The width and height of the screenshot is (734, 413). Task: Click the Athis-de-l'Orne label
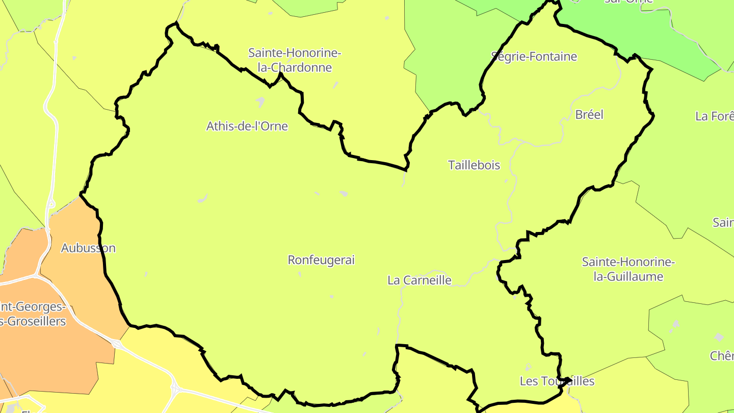coord(247,126)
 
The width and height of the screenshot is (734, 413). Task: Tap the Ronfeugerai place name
coord(321,260)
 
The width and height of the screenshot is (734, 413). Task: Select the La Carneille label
coord(419,280)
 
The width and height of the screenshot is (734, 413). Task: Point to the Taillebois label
coord(474,165)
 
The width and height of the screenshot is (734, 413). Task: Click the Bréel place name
coord(589,115)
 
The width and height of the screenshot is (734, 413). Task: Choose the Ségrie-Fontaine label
coord(534,57)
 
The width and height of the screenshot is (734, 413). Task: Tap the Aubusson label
coord(88,248)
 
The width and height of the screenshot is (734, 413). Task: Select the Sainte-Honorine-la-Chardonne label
coord(295,60)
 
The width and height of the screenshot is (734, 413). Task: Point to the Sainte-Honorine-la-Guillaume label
coord(628,269)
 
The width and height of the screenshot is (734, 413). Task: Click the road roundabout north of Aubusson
coord(51,204)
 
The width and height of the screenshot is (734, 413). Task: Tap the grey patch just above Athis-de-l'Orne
coord(260,102)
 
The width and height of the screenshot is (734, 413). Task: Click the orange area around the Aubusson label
coord(76,275)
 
